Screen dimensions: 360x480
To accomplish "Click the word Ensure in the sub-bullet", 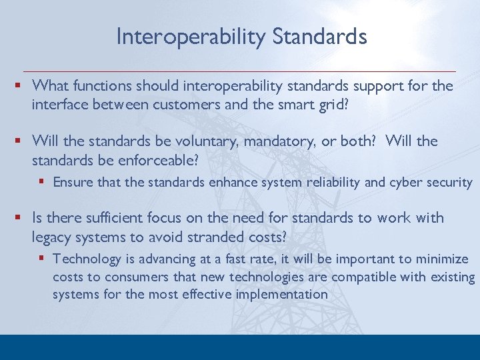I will click(x=73, y=182).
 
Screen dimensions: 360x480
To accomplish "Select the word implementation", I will click(x=286, y=294).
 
